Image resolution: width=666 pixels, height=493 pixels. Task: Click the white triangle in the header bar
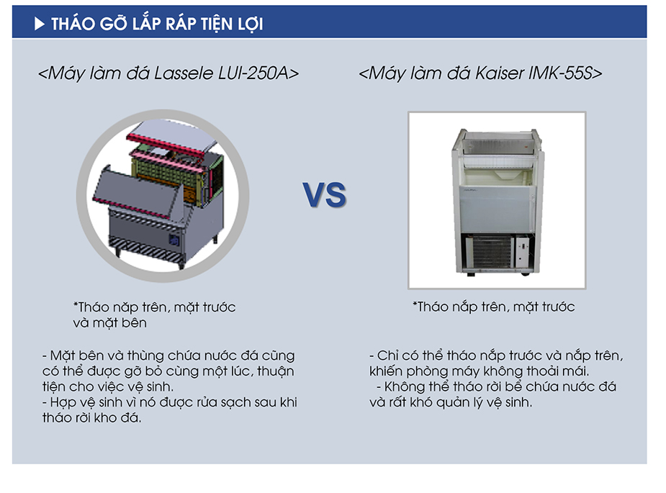pyautogui.click(x=39, y=24)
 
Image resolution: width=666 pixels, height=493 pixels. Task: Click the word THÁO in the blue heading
pyautogui.click(x=73, y=23)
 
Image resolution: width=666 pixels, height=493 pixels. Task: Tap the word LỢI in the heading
pyautogui.click(x=251, y=24)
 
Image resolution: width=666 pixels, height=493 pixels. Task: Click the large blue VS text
pyautogui.click(x=325, y=195)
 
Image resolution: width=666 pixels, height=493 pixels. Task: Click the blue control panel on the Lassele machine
pyautogui.click(x=174, y=240)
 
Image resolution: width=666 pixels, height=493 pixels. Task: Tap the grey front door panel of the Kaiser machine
pyautogui.click(x=495, y=209)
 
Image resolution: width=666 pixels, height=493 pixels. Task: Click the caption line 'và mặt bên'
pyautogui.click(x=109, y=322)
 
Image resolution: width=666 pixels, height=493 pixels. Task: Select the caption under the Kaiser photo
pyautogui.click(x=493, y=307)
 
